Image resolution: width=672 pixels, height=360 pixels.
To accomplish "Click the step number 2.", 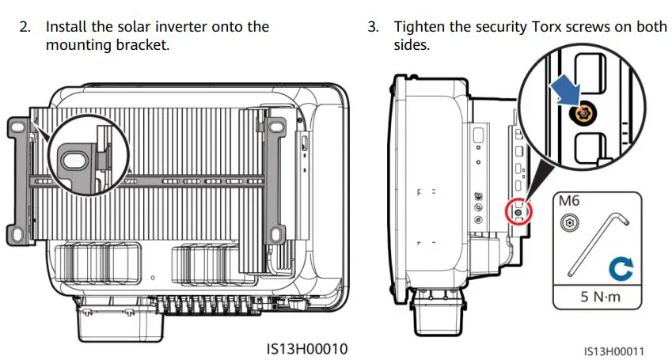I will (25, 27).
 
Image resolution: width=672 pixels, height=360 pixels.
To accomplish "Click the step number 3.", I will (373, 27).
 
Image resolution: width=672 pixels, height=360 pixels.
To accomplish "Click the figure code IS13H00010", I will (306, 348).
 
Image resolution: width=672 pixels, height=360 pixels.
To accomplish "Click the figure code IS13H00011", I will (614, 350).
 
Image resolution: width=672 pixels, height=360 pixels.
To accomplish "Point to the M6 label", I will (569, 201).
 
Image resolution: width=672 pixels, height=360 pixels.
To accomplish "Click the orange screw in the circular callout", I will (584, 113).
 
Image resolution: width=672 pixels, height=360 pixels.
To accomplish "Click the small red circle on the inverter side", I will (518, 211).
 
